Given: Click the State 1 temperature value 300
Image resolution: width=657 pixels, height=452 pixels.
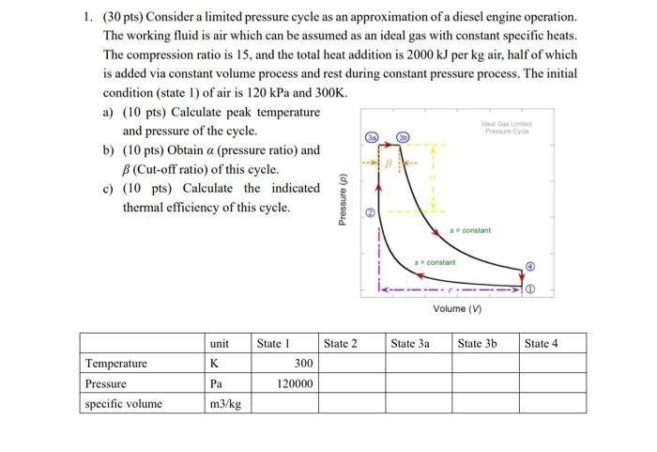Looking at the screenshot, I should tap(302, 363).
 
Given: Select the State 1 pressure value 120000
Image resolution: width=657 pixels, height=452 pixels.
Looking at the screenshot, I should tap(296, 383).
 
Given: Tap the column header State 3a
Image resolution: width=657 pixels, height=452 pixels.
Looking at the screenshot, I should tap(409, 343).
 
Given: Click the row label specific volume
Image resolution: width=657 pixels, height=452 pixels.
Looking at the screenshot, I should tap(123, 404).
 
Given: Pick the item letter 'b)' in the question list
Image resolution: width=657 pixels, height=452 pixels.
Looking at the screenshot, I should tap(109, 149).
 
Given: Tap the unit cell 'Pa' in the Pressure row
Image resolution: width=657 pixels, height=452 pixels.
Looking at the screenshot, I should tap(215, 383).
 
